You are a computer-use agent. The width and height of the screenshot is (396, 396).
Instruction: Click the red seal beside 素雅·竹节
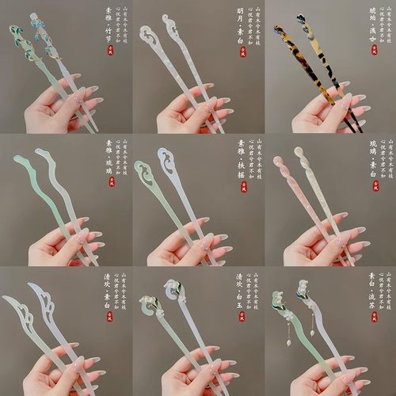pos(110,55)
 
